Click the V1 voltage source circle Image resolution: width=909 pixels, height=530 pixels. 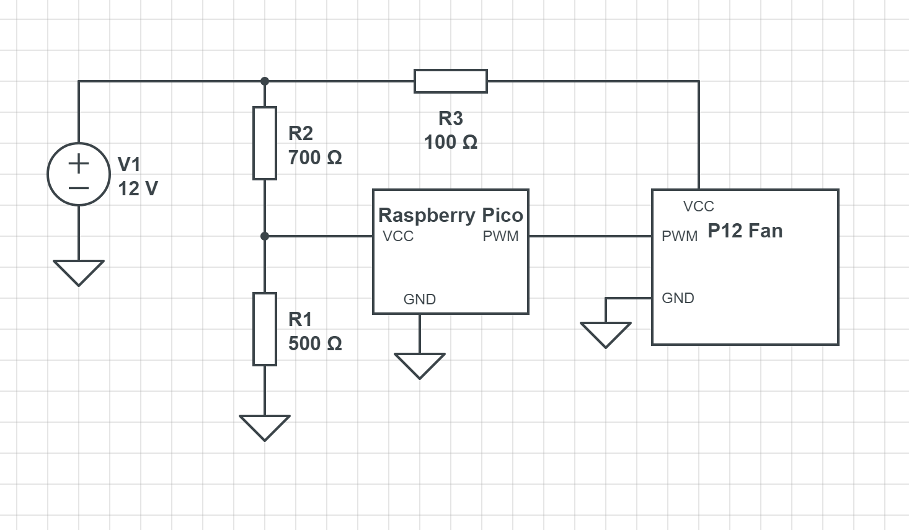pos(79,174)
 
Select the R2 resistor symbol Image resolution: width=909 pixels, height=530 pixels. pos(265,143)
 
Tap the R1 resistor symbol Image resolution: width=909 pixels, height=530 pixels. pos(265,329)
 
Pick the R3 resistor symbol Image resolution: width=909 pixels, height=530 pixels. pos(451,81)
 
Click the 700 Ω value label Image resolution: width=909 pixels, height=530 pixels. pos(315,157)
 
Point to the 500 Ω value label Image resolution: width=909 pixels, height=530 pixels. pos(315,343)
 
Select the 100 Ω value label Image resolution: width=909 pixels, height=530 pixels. pos(451,142)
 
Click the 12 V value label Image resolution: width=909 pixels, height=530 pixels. pos(138,188)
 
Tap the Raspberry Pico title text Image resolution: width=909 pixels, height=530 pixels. pos(451,215)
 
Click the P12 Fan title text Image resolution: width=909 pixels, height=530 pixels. pos(745,231)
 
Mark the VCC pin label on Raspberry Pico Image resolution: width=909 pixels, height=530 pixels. pos(398,236)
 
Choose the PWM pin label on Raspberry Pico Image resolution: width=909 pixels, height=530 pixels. pos(500,236)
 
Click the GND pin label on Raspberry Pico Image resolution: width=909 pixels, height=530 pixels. pos(420,299)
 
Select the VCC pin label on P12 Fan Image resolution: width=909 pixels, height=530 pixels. pos(699,206)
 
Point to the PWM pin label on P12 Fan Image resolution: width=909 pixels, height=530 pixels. pos(680,236)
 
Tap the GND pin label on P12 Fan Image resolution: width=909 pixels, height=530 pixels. pos(678,298)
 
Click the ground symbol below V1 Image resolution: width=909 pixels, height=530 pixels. pos(79,272)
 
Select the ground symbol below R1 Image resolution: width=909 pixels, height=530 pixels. pos(265,427)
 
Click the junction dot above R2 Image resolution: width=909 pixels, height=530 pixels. pos(265,81)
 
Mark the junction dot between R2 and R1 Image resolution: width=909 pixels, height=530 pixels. pos(265,236)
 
